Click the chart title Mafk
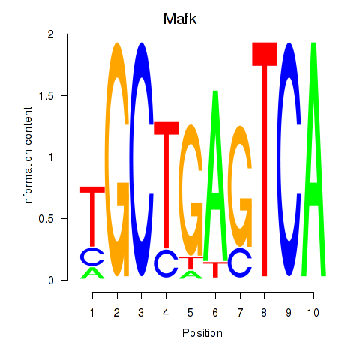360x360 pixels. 180,19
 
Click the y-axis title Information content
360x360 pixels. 28,157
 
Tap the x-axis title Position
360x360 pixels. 202,333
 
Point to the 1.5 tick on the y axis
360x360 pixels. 64,95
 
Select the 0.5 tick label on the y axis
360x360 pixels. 46,219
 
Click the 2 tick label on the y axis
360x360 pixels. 51,34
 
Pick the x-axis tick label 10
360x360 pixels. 313,313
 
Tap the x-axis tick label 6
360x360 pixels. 215,313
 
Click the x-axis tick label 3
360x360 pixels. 141,313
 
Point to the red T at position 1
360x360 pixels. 92,217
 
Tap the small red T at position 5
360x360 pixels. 190,262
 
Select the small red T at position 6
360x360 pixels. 215,269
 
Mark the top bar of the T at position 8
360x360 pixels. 265,54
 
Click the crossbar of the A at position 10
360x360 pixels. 313,194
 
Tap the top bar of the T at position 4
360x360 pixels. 166,128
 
